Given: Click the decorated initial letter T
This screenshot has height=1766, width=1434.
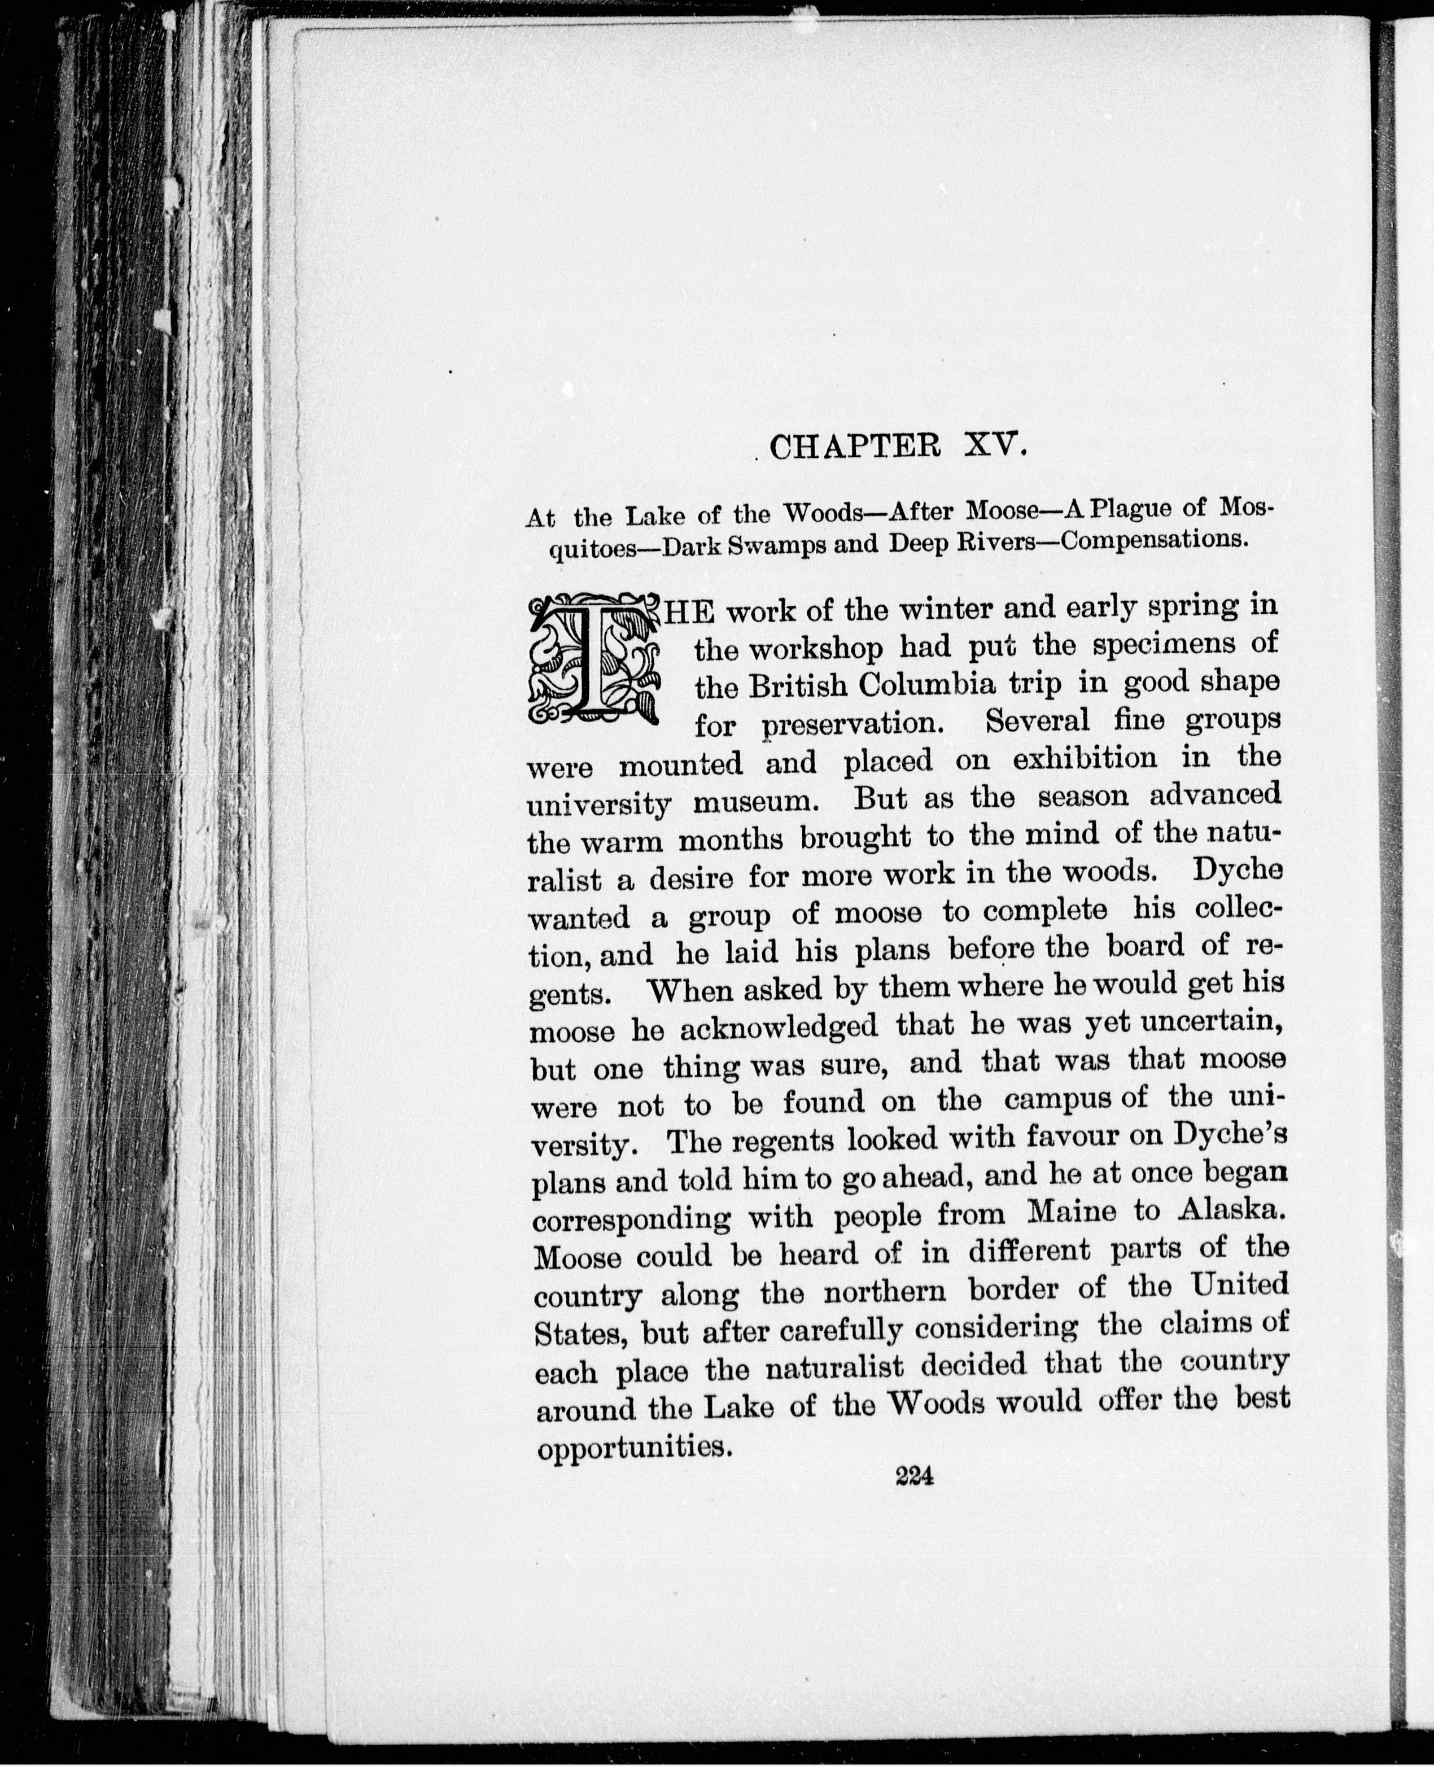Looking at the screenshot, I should pos(593,661).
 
